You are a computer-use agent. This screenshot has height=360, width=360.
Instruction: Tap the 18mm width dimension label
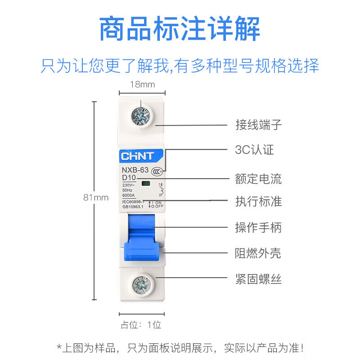click(142, 84)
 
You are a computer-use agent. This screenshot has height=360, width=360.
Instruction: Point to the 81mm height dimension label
click(96, 197)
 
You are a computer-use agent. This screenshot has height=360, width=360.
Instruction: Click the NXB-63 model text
click(135, 170)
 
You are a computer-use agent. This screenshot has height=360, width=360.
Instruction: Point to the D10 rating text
click(129, 178)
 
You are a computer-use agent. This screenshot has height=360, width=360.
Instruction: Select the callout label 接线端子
click(258, 125)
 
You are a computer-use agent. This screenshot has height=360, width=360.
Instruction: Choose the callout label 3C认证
click(254, 150)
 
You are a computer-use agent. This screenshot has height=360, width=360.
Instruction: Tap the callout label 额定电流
click(258, 179)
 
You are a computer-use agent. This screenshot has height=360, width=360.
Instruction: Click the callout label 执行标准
click(258, 201)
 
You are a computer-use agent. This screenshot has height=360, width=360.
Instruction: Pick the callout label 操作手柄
click(258, 227)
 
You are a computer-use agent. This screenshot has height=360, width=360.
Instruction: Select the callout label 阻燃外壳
click(258, 253)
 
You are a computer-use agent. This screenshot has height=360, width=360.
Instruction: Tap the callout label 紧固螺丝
click(258, 279)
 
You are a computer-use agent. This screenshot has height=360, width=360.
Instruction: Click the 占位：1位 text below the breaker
click(141, 324)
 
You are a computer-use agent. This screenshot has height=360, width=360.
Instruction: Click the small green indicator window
click(146, 184)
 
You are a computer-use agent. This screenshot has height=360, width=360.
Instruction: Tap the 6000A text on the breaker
click(129, 195)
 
